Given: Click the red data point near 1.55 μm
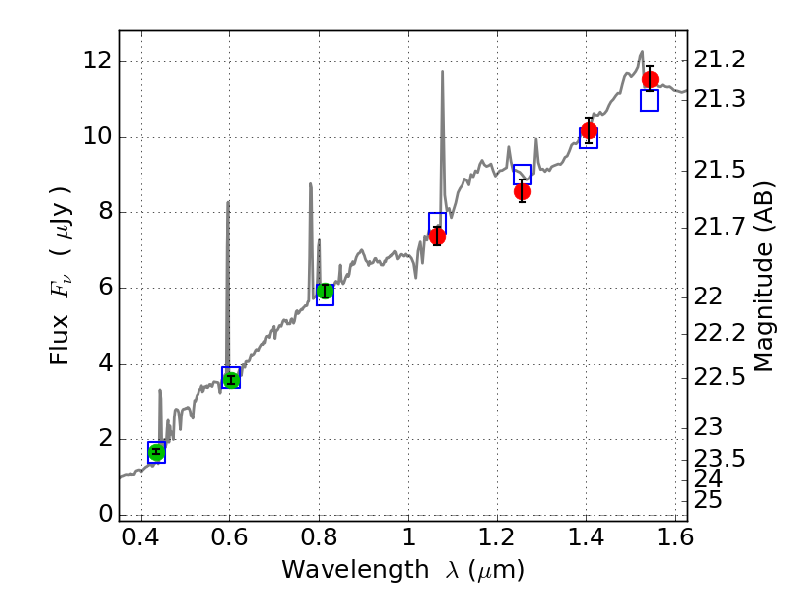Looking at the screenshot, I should tap(650, 79).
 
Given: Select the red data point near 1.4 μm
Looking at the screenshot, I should tap(589, 130).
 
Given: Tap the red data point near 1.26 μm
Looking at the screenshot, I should tap(522, 191).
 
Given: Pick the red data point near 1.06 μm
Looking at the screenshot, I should tap(437, 235).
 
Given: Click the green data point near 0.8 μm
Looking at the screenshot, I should tap(325, 291).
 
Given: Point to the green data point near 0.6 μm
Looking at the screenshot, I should tap(231, 379).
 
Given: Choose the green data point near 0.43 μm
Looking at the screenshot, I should tap(156, 452).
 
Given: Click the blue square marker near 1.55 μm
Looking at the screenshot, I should tap(650, 101).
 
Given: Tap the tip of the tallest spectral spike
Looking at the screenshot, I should tap(442, 71).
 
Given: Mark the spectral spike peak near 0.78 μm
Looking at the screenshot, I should tap(310, 183).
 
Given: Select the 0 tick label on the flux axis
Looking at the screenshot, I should tap(104, 514).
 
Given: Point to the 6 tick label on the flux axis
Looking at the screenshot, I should tap(104, 288).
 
